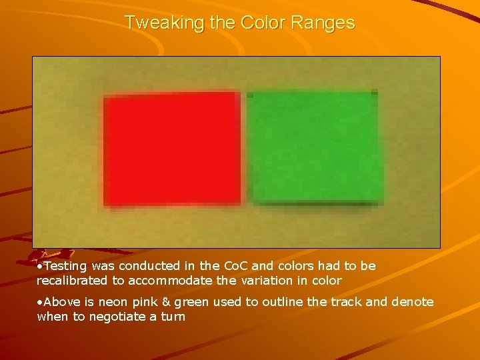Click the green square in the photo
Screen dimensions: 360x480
click(x=315, y=147)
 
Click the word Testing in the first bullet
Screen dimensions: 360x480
click(x=65, y=266)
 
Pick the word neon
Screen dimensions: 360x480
click(x=112, y=302)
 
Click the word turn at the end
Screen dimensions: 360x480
click(x=173, y=317)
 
